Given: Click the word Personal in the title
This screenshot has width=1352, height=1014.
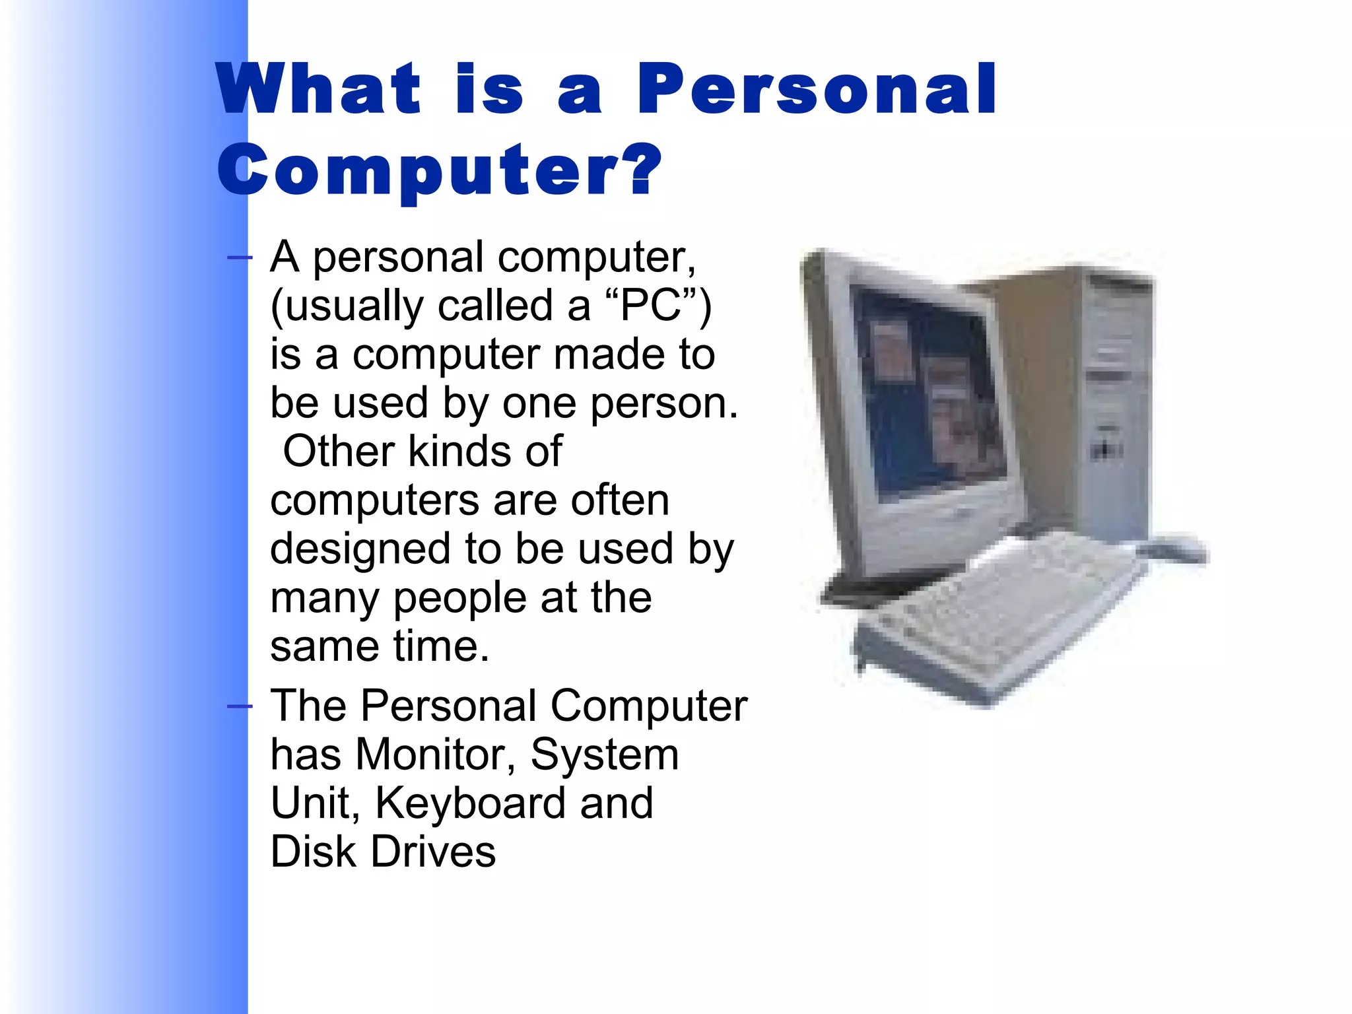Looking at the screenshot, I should click(816, 89).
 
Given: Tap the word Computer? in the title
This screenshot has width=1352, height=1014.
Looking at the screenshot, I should click(439, 170).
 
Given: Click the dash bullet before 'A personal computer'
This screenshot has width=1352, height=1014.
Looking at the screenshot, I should click(239, 257).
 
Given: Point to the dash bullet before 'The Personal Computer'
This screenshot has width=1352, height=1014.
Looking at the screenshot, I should click(239, 707).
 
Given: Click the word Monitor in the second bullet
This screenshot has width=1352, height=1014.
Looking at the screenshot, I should click(435, 754).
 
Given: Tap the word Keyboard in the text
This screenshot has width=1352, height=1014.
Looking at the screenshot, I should click(470, 803).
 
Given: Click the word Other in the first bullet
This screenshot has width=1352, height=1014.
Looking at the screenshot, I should click(339, 452).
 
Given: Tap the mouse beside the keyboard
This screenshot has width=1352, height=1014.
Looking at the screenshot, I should click(1175, 549).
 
